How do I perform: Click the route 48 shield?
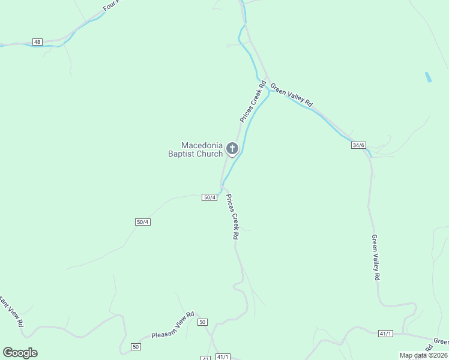click(38, 42)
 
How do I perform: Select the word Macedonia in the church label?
click(202, 145)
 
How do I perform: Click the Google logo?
click(20, 353)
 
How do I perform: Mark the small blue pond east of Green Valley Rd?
click(428, 77)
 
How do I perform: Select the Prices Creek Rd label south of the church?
click(232, 217)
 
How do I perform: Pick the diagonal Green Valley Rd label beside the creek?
click(291, 95)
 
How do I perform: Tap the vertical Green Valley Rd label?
click(375, 257)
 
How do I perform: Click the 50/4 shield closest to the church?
click(209, 197)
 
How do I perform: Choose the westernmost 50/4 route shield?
click(142, 222)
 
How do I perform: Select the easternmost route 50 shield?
click(202, 322)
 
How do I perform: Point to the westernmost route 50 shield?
click(136, 347)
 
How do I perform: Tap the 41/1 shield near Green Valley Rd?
click(385, 333)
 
